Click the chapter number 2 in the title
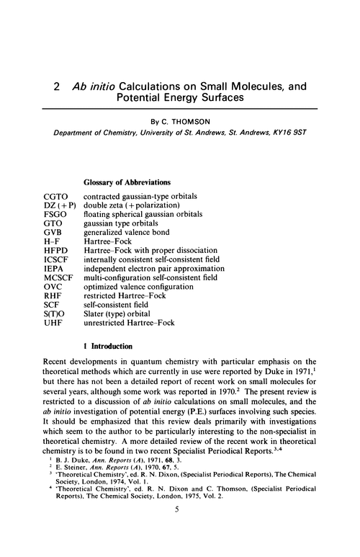click(x=57, y=86)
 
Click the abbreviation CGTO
click(x=59, y=197)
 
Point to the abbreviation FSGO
click(x=58, y=216)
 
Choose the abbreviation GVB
click(x=55, y=235)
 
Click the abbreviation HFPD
click(x=58, y=254)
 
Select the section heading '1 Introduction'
click(x=114, y=347)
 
